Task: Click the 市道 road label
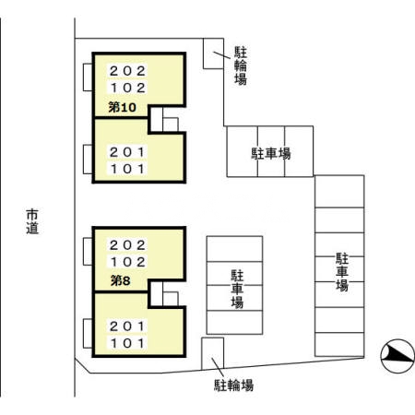32,221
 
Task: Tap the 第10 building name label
123,108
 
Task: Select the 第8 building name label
120,280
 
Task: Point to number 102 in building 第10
127,89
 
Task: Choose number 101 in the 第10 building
127,170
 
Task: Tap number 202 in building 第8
127,245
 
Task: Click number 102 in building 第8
127,262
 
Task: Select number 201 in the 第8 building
127,326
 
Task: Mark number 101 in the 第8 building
127,343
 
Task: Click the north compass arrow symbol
397,352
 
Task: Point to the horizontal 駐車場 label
270,152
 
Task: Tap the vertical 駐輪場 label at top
240,65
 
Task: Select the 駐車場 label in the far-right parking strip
341,271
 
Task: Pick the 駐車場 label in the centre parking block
237,288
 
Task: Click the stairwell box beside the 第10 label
168,121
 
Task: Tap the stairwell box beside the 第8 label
168,293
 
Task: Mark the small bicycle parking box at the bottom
213,352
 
